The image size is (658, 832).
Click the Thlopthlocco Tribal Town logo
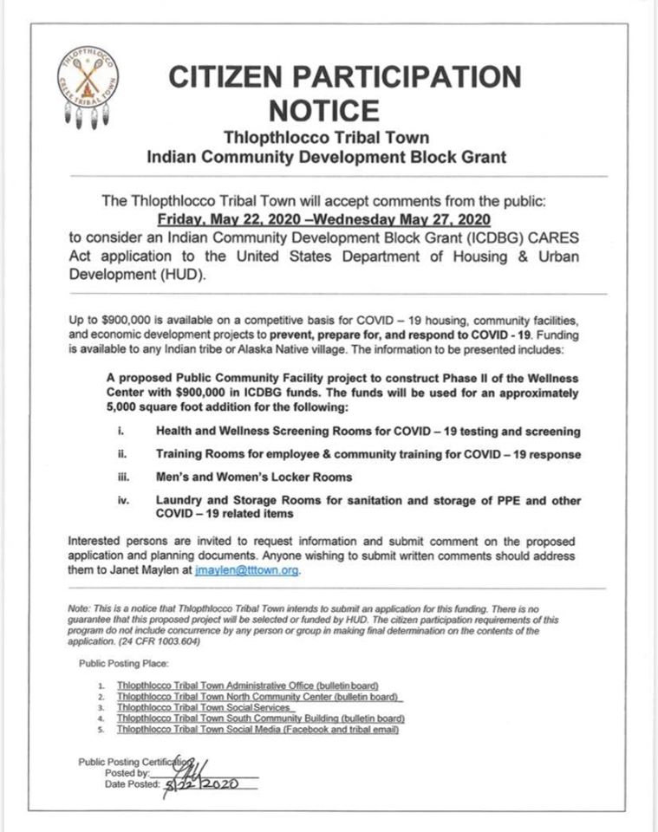(x=88, y=87)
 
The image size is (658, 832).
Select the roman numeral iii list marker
(x=122, y=477)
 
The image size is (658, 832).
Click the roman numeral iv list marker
(x=122, y=500)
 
